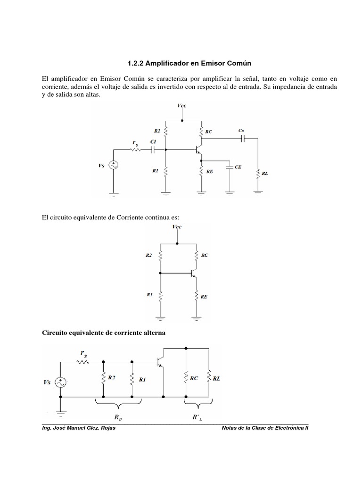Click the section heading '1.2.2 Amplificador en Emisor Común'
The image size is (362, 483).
[x=181, y=63]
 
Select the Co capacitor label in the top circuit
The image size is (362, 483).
[x=242, y=130]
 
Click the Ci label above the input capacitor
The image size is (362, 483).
[x=153, y=142]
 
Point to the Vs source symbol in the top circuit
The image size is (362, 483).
[x=114, y=166]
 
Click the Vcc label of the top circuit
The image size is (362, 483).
[x=182, y=106]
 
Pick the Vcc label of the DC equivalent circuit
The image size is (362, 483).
[x=177, y=227]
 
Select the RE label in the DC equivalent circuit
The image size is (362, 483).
[x=204, y=297]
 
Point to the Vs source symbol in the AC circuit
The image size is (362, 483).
[x=61, y=383]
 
